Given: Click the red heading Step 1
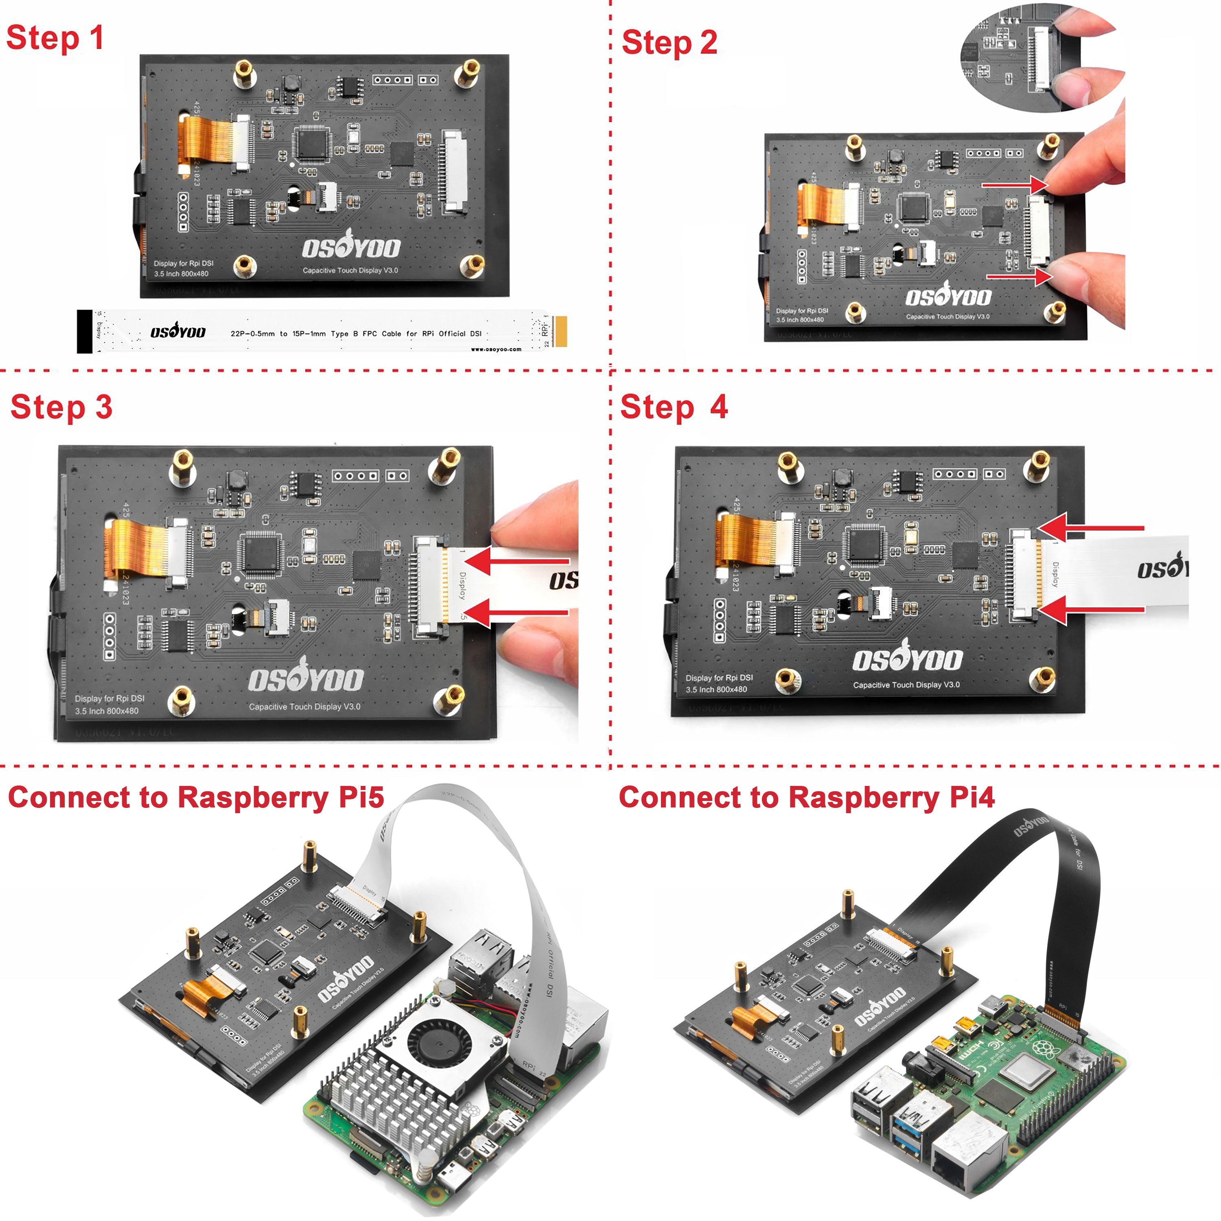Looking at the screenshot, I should tap(55, 38).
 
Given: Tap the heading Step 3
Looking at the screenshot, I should tap(61, 406).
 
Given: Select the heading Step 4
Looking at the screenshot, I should tap(674, 406).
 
